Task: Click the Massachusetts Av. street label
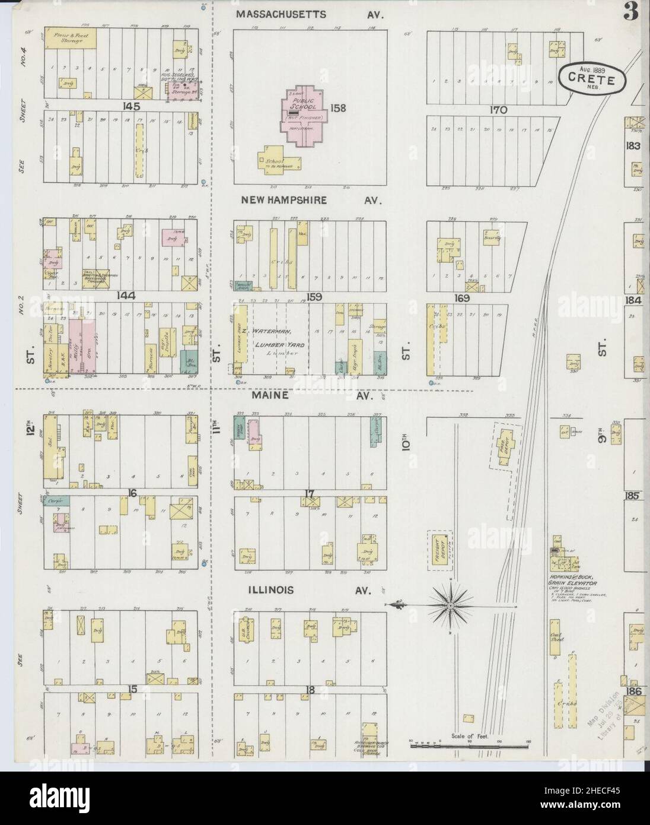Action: (x=309, y=14)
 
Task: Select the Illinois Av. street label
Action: (x=308, y=591)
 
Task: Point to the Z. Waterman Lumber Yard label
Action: (x=278, y=338)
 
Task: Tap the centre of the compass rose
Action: (x=450, y=605)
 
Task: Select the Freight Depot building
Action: (x=439, y=551)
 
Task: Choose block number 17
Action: (x=308, y=492)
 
